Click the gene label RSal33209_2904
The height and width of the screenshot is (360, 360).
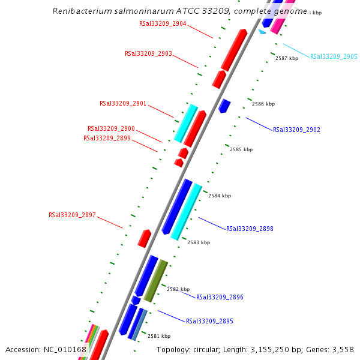point(163,24)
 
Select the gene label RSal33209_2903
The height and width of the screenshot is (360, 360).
point(148,54)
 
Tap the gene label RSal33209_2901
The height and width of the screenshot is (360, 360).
point(123,104)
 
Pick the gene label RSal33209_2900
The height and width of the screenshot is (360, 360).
point(111,128)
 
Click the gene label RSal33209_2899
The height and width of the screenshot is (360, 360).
point(107,138)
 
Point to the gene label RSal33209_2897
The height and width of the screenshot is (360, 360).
point(72,215)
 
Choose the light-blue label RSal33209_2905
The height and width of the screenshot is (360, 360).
point(334,56)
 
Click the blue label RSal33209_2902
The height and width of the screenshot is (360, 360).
point(296,130)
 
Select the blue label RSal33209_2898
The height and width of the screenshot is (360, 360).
point(250,229)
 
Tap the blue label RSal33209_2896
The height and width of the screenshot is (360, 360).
point(220,297)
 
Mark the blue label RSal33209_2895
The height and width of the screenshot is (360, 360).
point(209,322)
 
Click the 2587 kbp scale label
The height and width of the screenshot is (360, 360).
point(287,58)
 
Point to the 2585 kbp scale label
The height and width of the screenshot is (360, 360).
point(241,149)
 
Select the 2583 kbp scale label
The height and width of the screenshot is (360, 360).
point(199,242)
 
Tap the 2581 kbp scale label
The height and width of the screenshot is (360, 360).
point(159,336)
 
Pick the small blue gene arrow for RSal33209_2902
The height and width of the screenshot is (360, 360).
point(224,106)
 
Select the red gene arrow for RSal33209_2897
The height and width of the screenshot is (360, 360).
point(144,238)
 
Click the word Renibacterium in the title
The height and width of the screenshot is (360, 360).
point(79,11)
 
